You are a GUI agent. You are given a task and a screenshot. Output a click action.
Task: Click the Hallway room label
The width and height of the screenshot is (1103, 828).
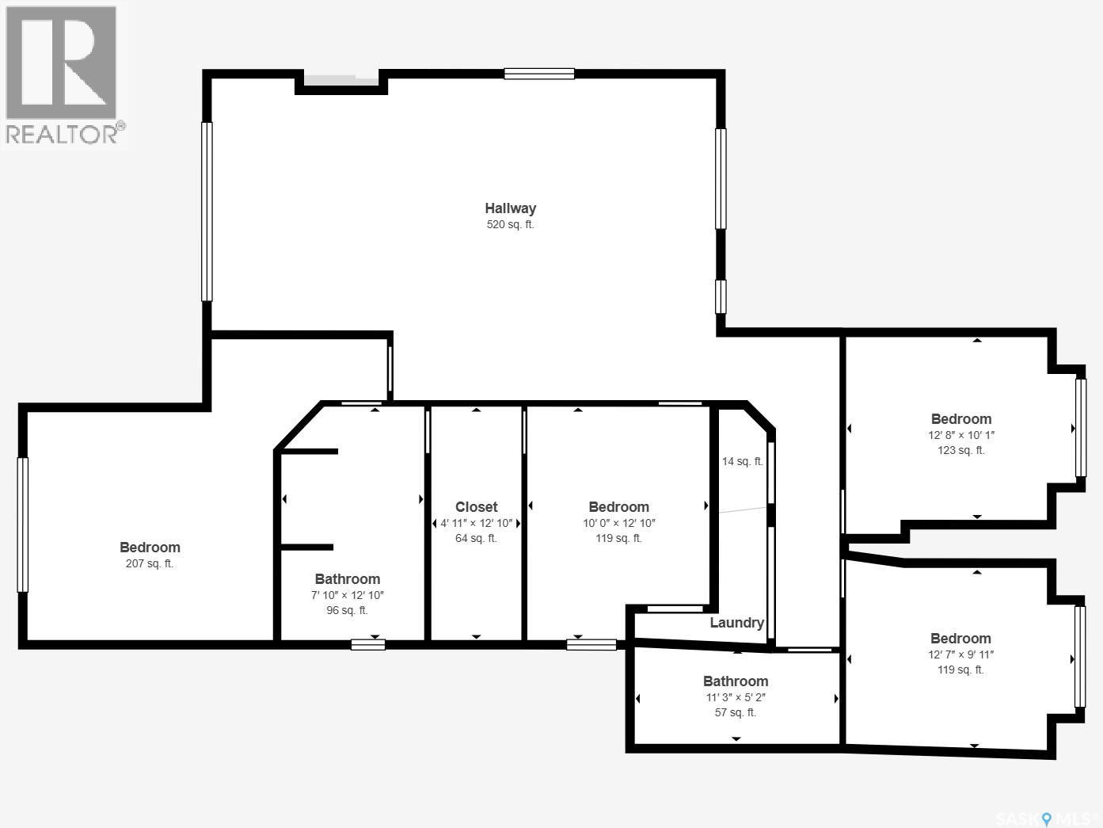tap(510, 208)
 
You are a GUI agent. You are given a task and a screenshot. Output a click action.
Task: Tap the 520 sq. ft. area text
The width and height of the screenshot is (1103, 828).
tap(510, 225)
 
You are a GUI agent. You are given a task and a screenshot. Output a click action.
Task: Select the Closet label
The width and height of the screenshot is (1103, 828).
tap(476, 507)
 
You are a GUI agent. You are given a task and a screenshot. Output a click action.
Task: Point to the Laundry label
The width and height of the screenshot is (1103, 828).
tap(736, 623)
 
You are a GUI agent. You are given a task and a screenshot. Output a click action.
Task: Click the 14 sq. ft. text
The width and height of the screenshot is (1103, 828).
tap(742, 461)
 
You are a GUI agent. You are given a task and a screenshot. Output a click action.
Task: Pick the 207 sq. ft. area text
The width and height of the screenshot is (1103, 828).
tap(149, 563)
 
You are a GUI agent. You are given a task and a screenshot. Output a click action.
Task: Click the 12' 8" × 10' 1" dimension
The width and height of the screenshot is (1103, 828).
tap(960, 435)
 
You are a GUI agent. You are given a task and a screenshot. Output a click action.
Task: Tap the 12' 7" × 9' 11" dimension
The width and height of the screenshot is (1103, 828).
tap(960, 654)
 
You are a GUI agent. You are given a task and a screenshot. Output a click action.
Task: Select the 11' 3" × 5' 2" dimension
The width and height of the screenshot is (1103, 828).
tap(736, 697)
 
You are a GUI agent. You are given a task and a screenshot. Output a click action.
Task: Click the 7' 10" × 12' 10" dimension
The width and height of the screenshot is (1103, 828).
tap(348, 595)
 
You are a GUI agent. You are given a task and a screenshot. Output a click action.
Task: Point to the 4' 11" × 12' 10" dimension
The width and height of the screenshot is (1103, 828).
tap(477, 523)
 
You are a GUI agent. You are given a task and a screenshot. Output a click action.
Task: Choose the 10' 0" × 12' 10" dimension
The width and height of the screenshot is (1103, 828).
tap(618, 523)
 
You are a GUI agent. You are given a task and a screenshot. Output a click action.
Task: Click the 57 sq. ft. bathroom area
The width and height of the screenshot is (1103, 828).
tap(735, 712)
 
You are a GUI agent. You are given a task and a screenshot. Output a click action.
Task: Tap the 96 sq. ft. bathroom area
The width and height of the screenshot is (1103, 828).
tap(347, 610)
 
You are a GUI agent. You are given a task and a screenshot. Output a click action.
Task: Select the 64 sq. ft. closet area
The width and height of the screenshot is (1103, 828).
tap(476, 538)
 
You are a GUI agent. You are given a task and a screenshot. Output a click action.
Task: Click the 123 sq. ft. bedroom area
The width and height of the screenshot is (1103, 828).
tap(960, 450)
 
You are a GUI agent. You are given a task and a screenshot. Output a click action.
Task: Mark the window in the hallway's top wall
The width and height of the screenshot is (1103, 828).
tap(539, 74)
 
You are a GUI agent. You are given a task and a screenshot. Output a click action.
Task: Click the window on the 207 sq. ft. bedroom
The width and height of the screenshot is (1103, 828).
tap(23, 525)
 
